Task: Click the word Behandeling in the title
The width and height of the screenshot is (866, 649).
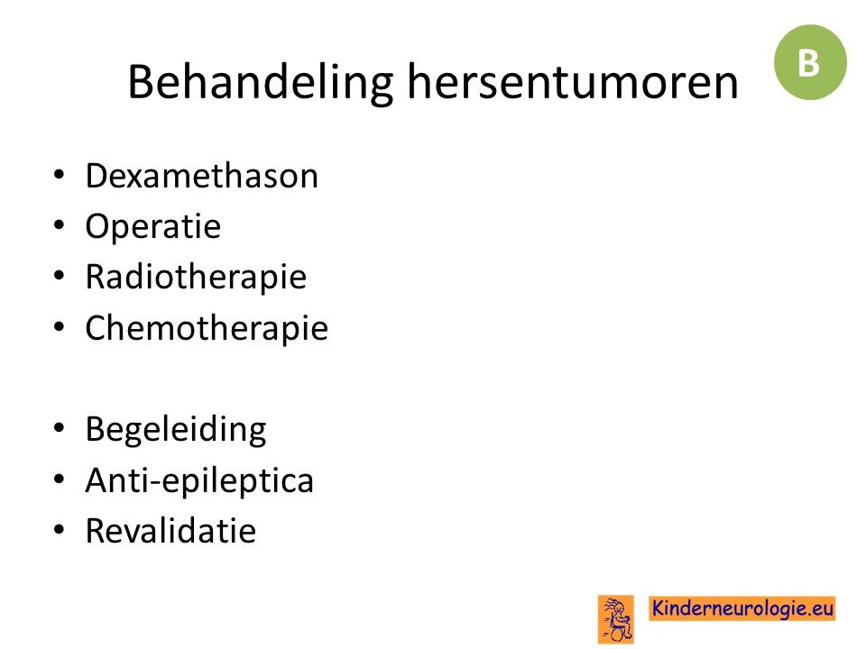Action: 260,83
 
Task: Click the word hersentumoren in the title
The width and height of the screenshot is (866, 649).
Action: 573,82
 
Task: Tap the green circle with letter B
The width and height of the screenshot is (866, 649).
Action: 810,62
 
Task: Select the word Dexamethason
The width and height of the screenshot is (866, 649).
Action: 201,176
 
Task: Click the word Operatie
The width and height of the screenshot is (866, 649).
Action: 153,226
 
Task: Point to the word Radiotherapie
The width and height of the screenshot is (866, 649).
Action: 196,277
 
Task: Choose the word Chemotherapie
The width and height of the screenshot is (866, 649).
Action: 207,328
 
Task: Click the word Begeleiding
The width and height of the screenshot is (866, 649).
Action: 176,430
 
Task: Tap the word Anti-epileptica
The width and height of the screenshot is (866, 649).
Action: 199,480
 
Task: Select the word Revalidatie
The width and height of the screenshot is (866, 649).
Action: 170,531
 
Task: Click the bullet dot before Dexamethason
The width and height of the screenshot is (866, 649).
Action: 60,176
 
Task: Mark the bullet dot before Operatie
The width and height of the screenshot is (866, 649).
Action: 60,225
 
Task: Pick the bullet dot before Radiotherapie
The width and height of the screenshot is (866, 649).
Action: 60,276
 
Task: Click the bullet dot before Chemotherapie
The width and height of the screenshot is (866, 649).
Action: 60,326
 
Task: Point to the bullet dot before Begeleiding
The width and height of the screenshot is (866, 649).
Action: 60,428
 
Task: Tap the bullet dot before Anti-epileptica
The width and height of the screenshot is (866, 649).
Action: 60,479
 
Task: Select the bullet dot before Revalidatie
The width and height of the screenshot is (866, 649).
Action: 60,530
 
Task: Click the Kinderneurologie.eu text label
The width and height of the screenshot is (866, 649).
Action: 742,608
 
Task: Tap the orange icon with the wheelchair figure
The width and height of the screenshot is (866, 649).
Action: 616,620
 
